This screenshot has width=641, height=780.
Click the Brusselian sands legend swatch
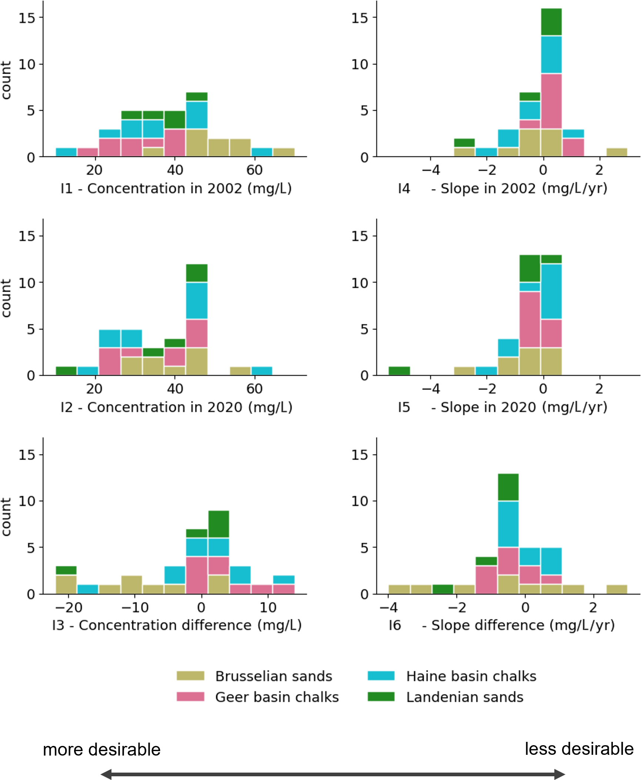coord(190,676)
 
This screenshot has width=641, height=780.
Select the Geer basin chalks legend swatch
coord(190,697)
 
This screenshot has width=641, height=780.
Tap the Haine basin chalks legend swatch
coord(381,676)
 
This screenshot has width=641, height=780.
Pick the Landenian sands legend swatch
coord(381,697)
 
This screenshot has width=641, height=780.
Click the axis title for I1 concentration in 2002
coord(176,189)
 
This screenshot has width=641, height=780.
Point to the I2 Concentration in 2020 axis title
coord(176,407)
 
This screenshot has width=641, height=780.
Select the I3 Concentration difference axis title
coord(177,625)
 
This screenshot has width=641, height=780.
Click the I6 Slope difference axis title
coord(501,625)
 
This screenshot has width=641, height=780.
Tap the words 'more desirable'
coord(101,749)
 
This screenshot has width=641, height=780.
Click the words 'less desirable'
coord(579,749)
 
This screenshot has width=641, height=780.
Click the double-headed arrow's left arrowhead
coord(106,774)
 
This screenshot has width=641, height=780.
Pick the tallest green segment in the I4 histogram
coord(551,22)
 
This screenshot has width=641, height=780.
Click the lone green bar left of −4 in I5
coord(399,371)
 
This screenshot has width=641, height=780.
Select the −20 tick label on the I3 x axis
coord(69,607)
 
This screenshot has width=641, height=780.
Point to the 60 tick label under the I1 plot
coord(254,170)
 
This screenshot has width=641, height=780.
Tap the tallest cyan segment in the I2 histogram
coord(197,301)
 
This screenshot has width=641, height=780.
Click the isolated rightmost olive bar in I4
coord(617,152)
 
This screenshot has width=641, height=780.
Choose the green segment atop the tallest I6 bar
coord(508,487)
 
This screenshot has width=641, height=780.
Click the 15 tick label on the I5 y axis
coord(360,236)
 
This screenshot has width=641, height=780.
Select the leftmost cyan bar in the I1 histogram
coord(66,152)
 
